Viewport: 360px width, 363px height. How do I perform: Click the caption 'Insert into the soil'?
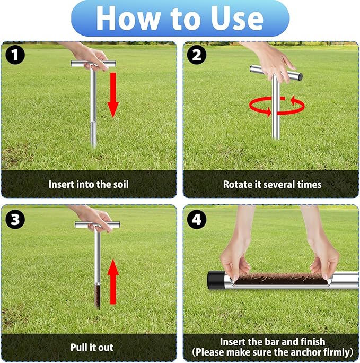pos(89,185)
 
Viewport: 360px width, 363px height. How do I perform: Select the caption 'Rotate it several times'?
pos(272,185)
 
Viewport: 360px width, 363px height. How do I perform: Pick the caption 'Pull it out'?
pos(92,348)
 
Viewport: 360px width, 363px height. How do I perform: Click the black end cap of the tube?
pos(215,280)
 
